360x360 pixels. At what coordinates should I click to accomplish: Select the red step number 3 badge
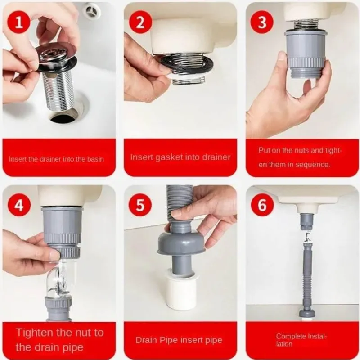(x=262, y=22)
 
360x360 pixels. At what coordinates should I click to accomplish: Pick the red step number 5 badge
(x=140, y=204)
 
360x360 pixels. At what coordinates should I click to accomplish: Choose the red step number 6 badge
(x=262, y=204)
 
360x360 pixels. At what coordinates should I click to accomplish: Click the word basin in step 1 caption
(x=95, y=159)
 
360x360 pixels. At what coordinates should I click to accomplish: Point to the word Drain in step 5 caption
(x=144, y=340)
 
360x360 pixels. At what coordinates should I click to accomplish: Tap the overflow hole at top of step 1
(x=93, y=10)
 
